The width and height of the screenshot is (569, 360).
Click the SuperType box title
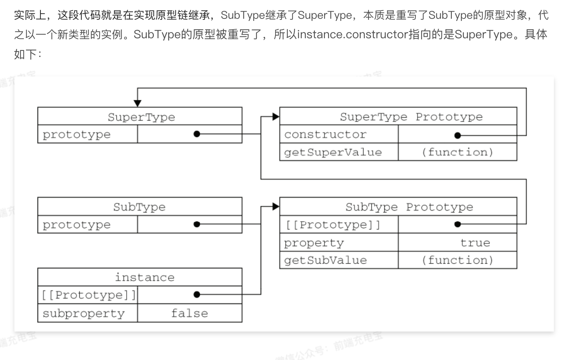coord(141,117)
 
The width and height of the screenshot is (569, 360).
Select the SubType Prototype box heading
coord(409,207)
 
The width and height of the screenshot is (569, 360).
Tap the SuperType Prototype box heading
coord(411,117)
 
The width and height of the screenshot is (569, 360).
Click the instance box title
coord(145,277)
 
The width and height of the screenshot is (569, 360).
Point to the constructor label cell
coord(325,135)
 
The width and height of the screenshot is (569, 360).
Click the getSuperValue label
coord(333,152)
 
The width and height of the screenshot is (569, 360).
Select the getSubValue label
coord(325,260)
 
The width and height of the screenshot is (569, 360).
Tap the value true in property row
coord(475,243)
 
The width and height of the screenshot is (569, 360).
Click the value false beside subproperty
coord(189,313)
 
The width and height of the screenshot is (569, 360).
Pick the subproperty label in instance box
coord(84,313)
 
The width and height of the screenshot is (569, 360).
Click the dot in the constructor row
coord(458,136)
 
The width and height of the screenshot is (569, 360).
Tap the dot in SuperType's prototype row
coord(197,134)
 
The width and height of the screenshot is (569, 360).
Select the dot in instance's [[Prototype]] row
coord(197,295)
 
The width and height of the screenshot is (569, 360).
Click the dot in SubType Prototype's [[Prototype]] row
coord(458,224)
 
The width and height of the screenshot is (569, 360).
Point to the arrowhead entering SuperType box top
coord(137,103)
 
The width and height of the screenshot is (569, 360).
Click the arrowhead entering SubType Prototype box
coord(276,207)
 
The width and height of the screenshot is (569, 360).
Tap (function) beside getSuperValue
coord(457,152)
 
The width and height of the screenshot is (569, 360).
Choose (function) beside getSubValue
coord(457,260)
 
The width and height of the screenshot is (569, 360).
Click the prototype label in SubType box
coord(76,225)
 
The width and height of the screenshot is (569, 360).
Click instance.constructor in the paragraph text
coord(352,35)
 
